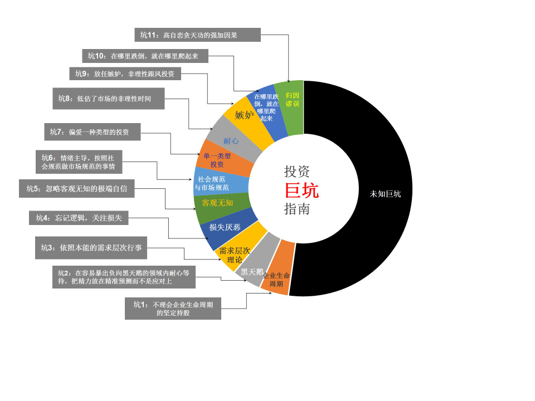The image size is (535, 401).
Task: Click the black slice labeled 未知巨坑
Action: pos(385,194)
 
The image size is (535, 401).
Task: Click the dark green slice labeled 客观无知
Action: pos(217,203)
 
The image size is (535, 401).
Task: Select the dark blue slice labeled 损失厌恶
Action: pos(225,227)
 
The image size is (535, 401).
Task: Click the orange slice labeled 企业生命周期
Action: pos(277,278)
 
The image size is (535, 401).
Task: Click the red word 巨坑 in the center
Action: pos(301,190)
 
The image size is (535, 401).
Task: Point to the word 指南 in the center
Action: pos(297,209)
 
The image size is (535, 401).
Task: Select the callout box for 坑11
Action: pos(198,35)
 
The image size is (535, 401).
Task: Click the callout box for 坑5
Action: pos(77,189)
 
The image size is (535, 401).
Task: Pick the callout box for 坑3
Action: pos(91,248)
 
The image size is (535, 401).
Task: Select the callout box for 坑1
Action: pos(173,309)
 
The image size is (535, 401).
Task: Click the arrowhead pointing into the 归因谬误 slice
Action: pos(289,82)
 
